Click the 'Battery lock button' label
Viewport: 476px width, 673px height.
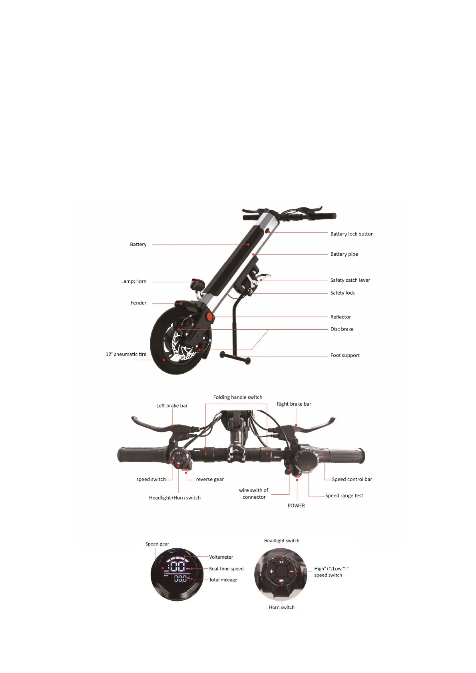[352, 234]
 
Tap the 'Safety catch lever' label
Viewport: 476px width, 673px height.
[350, 280]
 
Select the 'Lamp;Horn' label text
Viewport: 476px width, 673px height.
[134, 281]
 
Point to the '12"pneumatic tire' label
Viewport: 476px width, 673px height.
[126, 354]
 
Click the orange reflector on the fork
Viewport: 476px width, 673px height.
[209, 317]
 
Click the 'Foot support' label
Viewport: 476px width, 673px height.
[345, 355]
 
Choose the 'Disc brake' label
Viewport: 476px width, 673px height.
[342, 329]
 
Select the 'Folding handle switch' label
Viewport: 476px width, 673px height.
[238, 397]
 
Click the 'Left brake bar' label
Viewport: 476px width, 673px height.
[172, 406]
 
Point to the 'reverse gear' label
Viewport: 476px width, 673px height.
[210, 480]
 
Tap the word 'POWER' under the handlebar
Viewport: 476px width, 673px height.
[296, 506]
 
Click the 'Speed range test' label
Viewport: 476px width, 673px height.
[344, 496]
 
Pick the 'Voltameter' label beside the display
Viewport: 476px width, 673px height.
[221, 557]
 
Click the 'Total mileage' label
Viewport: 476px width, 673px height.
[223, 580]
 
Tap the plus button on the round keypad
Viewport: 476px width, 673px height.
[271, 571]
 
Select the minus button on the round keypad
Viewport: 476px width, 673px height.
[292, 571]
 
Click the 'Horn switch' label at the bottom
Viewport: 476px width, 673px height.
[282, 607]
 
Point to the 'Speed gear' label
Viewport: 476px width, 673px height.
[157, 544]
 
